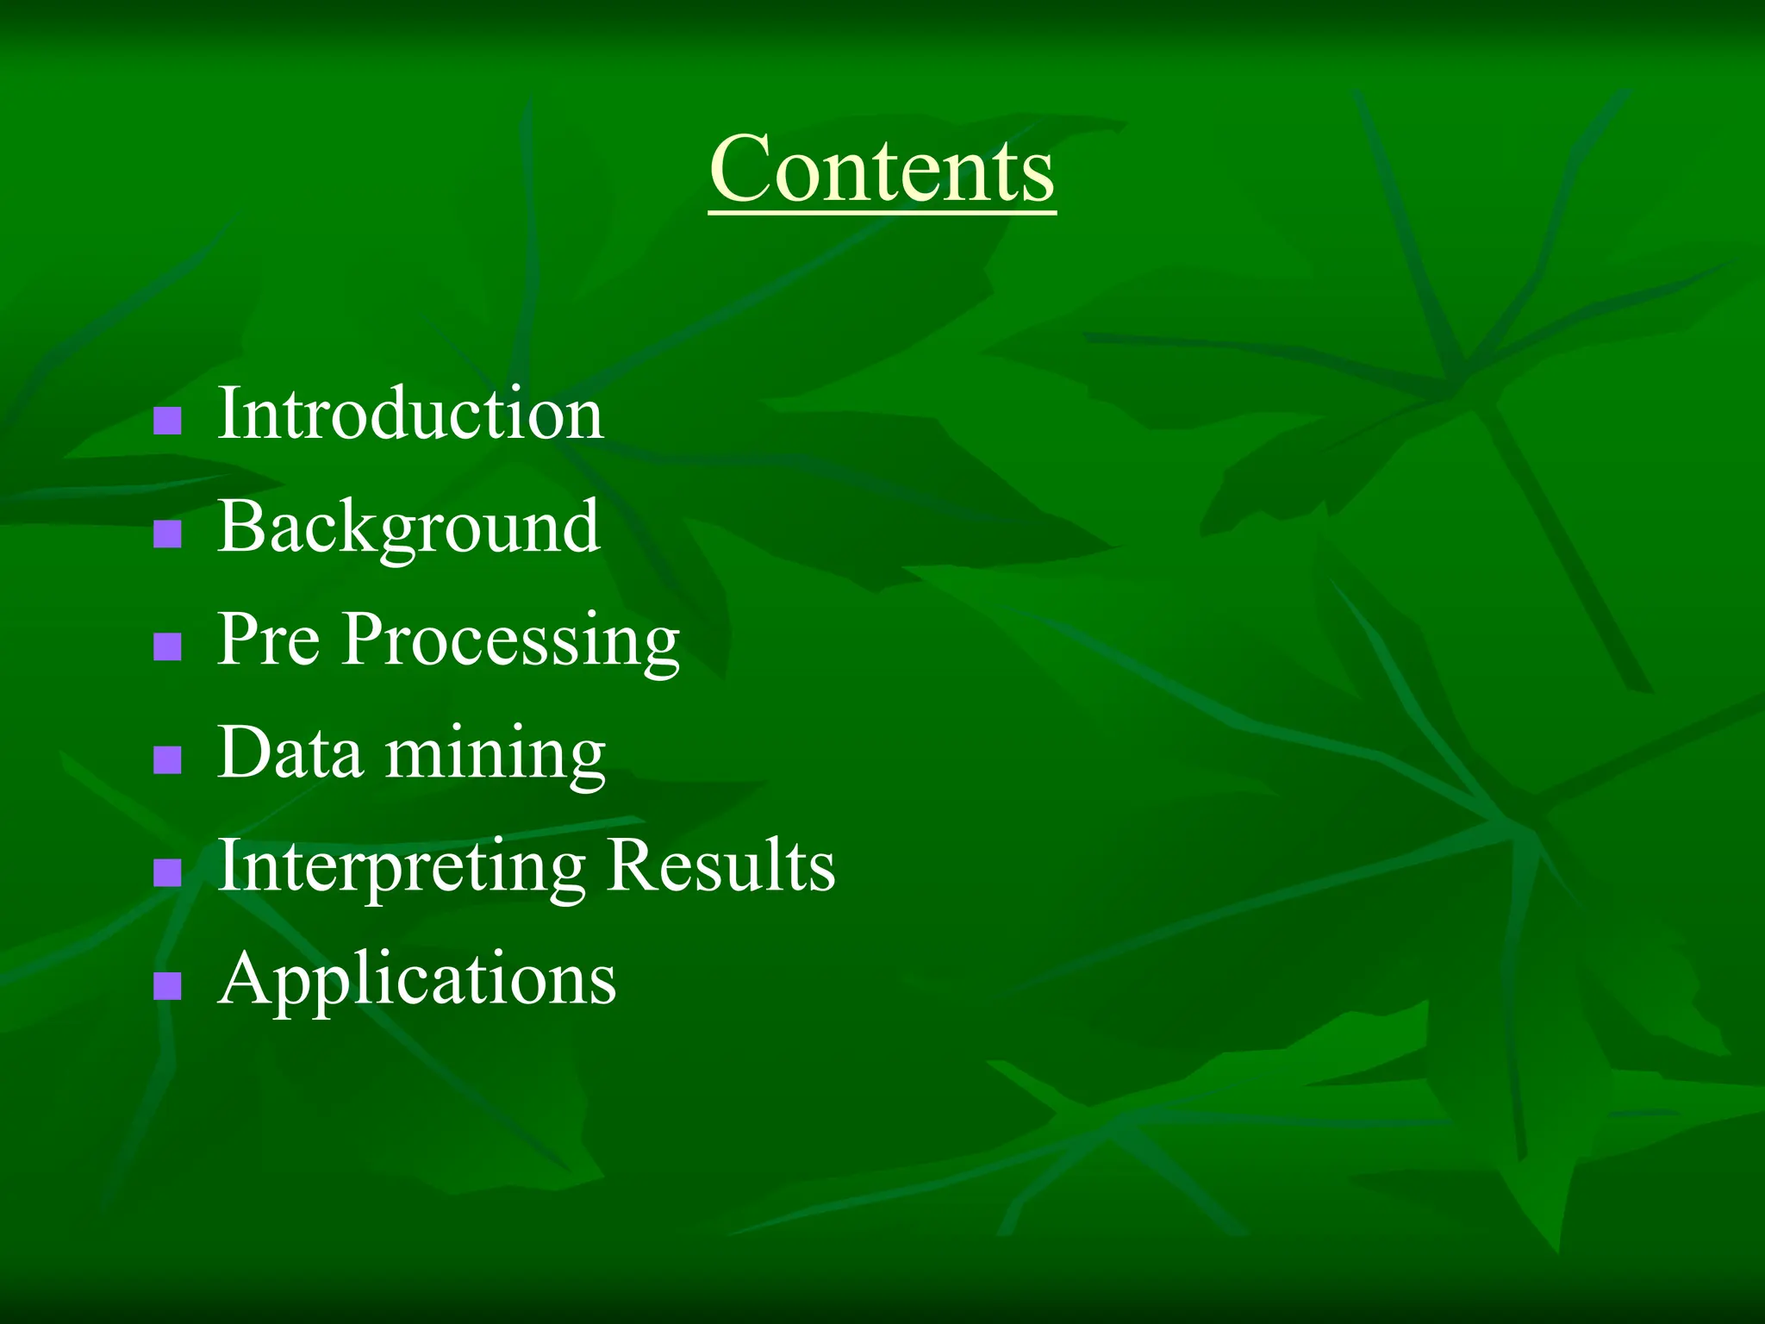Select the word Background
tap(409, 527)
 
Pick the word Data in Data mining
tap(290, 753)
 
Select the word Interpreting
tap(402, 866)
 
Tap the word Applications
tap(417, 979)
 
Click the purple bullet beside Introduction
tap(167, 421)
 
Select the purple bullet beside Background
tap(167, 534)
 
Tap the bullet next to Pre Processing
tap(167, 646)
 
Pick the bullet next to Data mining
tap(167, 759)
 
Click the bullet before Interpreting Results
tap(167, 872)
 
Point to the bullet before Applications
tap(167, 985)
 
